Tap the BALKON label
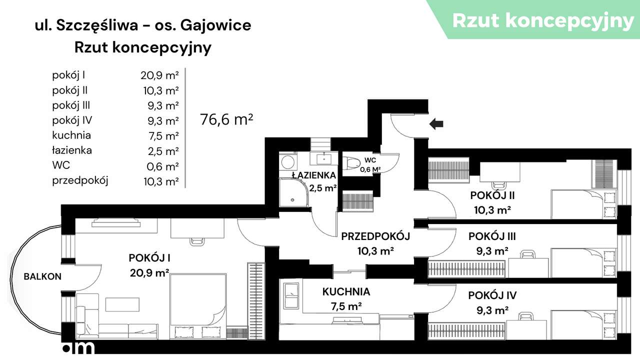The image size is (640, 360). pos(42,276)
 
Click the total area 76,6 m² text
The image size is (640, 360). pos(226,119)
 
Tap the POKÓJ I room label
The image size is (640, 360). pos(149,258)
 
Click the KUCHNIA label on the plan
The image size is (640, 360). pos(346,291)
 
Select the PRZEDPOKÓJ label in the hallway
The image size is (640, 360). pos(375,236)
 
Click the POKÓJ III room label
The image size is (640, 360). pos(492,236)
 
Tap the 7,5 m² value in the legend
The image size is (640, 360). pos(159,136)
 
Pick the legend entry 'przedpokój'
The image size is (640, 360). pos(80,180)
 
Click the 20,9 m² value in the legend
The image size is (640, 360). pos(159,76)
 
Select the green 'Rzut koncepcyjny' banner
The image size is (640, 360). pos(542,20)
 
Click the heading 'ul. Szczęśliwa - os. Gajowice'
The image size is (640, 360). pos(143,25)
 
